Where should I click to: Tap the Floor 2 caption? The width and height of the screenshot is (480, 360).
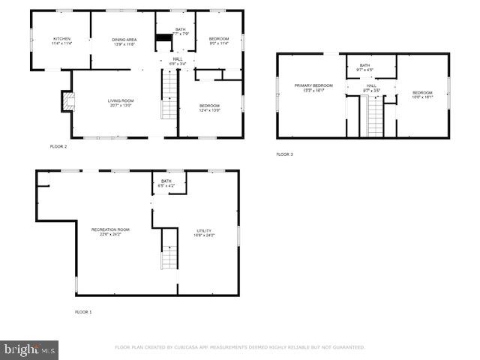pyautogui.click(x=58, y=146)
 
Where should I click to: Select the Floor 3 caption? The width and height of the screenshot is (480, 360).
pyautogui.click(x=284, y=154)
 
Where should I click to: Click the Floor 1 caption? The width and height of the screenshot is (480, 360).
pyautogui.click(x=83, y=311)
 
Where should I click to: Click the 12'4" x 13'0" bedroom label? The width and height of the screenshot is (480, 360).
pyautogui.click(x=210, y=107)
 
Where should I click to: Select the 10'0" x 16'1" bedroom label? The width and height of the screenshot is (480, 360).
pyautogui.click(x=422, y=94)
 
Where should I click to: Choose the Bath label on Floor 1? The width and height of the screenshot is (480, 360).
pyautogui.click(x=166, y=182)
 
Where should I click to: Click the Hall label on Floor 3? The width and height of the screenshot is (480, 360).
pyautogui.click(x=371, y=88)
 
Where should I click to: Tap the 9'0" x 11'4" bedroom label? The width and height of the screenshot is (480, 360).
pyautogui.click(x=218, y=40)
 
